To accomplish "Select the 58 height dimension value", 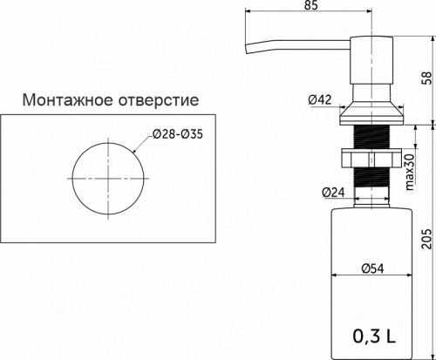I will point(426,78).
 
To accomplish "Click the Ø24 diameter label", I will point(331,191).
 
